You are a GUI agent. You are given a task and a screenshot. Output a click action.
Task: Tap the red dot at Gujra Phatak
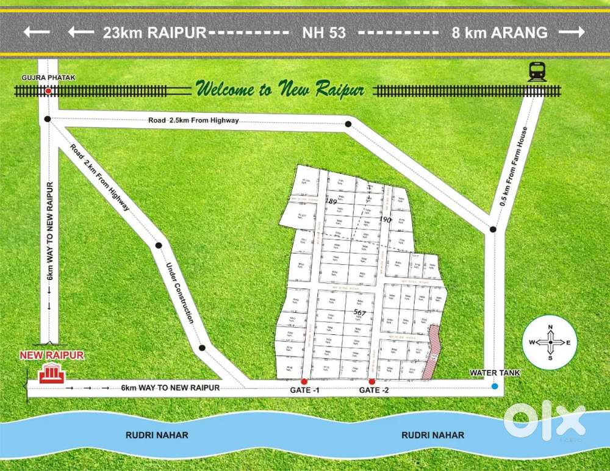click(48, 91)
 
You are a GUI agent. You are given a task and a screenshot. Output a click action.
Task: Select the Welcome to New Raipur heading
click(280, 90)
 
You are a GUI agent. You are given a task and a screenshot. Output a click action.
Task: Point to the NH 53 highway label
click(324, 33)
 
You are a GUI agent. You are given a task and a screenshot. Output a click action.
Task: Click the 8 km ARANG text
click(499, 33)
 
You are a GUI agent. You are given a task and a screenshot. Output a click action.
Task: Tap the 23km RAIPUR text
click(155, 33)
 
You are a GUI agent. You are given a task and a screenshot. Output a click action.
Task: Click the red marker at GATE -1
click(304, 381)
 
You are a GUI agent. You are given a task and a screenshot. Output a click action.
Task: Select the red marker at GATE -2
click(371, 381)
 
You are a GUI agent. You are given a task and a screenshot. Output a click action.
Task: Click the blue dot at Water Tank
click(494, 386)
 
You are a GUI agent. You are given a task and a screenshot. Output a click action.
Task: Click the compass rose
click(550, 343)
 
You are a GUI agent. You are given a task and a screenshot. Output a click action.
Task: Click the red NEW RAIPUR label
click(52, 355)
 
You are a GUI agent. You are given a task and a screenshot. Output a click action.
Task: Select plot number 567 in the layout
click(359, 312)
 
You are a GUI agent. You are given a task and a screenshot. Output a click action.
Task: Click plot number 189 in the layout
click(331, 201)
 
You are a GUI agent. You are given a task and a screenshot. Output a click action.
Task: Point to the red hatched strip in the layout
click(432, 353)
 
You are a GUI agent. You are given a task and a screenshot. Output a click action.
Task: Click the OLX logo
click(545, 420)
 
